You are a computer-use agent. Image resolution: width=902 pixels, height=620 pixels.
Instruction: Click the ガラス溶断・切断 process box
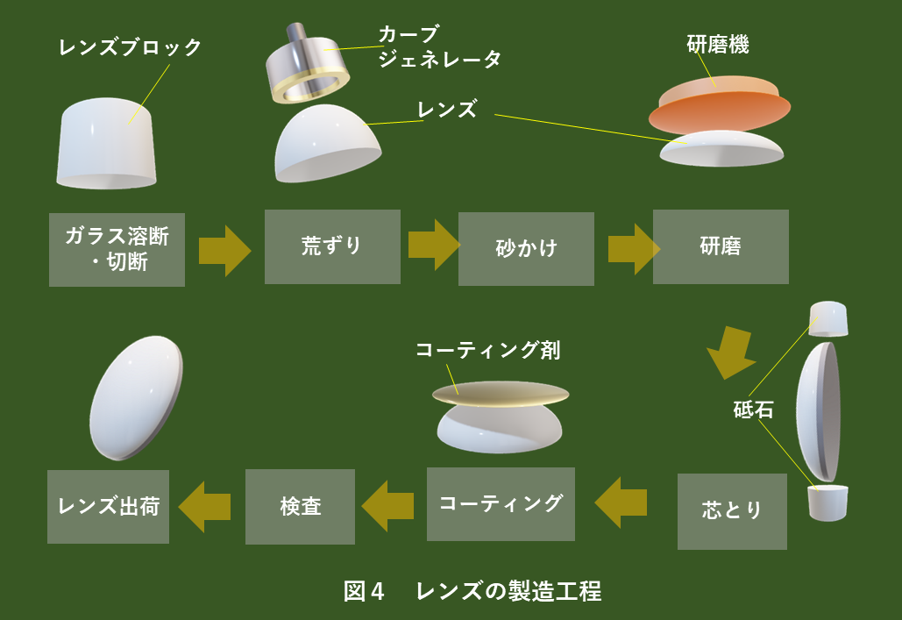(117, 249)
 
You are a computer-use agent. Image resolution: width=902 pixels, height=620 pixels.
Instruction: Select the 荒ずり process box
(332, 246)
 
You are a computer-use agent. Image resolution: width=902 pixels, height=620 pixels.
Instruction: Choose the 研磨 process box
(721, 246)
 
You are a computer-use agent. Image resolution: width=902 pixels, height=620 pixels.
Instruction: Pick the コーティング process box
(501, 504)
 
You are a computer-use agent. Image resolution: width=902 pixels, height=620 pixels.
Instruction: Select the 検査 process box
(300, 507)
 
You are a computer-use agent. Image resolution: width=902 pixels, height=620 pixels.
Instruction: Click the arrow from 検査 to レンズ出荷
(204, 506)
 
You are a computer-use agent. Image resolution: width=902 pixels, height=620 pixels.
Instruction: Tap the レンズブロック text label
(131, 47)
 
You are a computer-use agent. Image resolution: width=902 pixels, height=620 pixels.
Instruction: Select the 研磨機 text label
(717, 46)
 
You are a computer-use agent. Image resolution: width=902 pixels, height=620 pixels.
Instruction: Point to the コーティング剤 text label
(487, 351)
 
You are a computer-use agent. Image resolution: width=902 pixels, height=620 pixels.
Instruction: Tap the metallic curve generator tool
(308, 65)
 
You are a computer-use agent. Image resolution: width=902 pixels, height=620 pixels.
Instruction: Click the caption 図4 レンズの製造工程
(472, 591)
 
